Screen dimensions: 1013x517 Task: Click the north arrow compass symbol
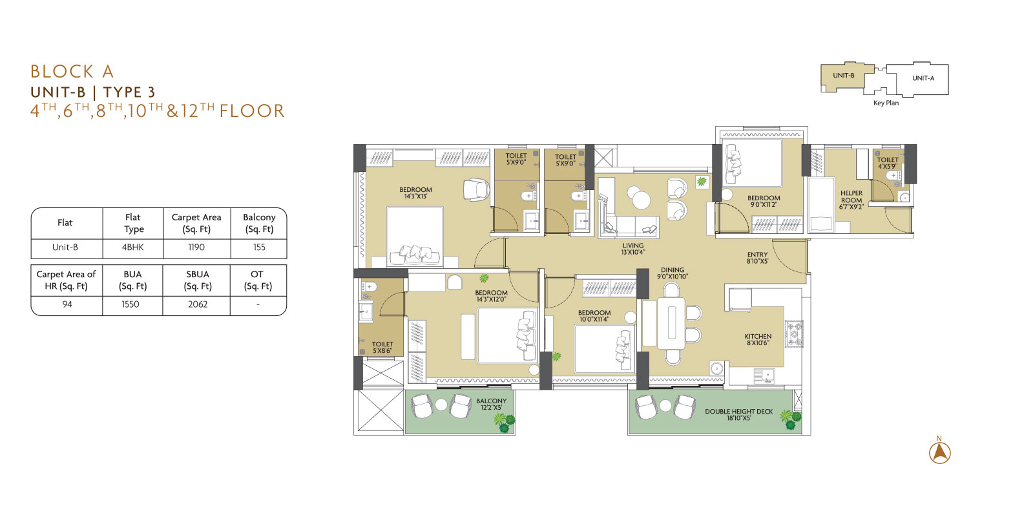pyautogui.click(x=940, y=452)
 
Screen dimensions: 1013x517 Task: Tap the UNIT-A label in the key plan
pyautogui.click(x=923, y=78)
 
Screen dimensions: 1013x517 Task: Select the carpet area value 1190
pyautogui.click(x=196, y=248)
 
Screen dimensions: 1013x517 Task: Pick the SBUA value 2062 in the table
pyautogui.click(x=198, y=304)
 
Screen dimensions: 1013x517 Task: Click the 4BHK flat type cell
pyautogui.click(x=133, y=248)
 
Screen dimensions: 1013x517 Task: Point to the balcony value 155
pyautogui.click(x=259, y=248)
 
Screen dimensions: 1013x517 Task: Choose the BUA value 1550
pyautogui.click(x=131, y=304)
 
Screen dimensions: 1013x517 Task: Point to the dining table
pyautogui.click(x=672, y=323)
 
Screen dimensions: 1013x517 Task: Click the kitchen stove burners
pyautogui.click(x=794, y=333)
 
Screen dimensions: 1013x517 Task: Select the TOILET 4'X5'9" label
pyautogui.click(x=888, y=163)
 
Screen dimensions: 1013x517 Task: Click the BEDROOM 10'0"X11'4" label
pyautogui.click(x=594, y=316)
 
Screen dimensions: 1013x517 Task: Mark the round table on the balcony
pyautogui.click(x=441, y=405)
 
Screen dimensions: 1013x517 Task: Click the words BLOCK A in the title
pyautogui.click(x=72, y=72)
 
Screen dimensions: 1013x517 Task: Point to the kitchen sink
pyautogui.click(x=764, y=375)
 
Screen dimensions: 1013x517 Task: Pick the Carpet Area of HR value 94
pyautogui.click(x=67, y=304)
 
